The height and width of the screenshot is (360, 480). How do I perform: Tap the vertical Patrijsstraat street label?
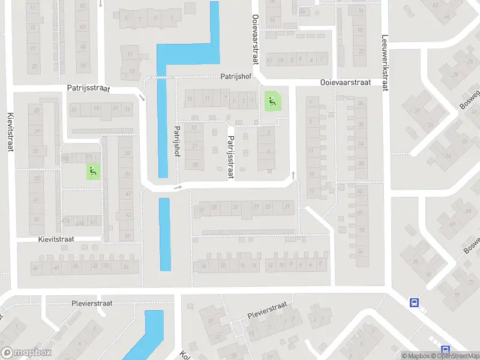coord(229,157)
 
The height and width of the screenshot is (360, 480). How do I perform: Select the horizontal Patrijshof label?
coord(235,77)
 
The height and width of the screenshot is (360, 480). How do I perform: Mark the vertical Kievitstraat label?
coord(11,131)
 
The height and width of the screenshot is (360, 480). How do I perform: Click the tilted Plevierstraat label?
coord(268,310)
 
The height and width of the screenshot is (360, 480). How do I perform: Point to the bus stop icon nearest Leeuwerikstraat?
coord(414,303)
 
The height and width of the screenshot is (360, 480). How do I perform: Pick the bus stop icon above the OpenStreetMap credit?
coord(445,350)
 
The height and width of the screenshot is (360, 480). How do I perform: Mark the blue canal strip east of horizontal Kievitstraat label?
coord(164,234)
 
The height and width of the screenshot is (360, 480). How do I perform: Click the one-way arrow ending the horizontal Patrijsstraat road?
coord(142,97)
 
